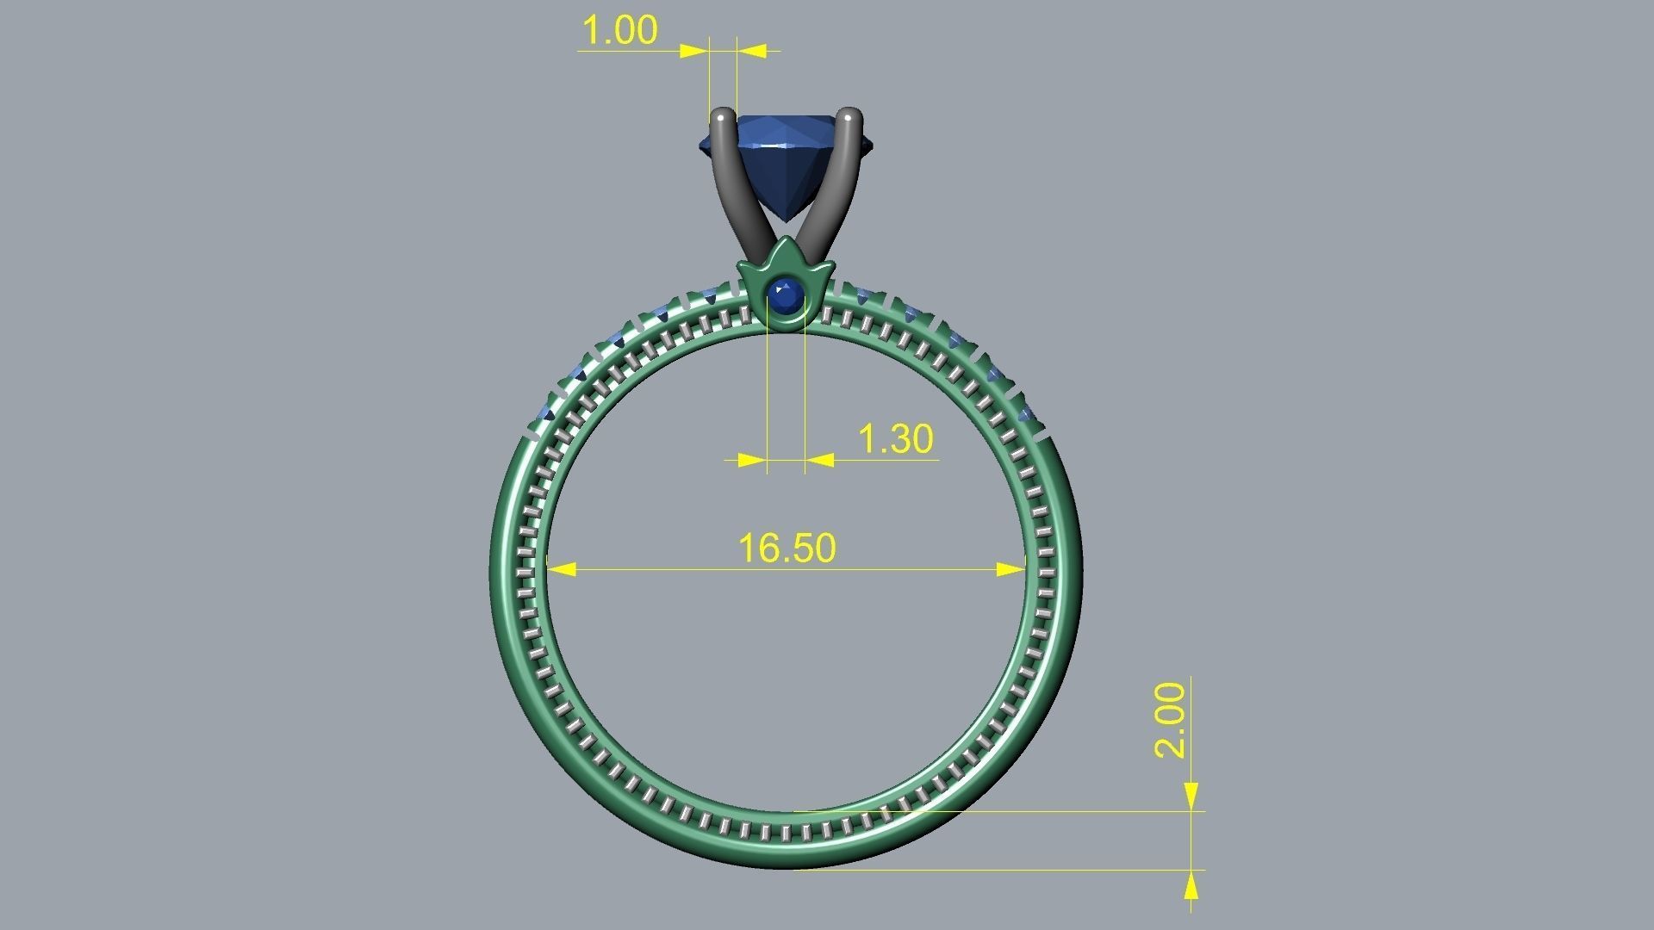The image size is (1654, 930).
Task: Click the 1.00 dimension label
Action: [620, 30]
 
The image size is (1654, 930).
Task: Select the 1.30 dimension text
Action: [896, 439]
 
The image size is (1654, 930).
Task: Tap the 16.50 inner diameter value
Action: [787, 549]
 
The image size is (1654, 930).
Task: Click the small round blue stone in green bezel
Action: [785, 296]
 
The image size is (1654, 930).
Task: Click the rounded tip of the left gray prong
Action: [722, 115]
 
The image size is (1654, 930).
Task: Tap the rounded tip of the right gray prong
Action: [850, 115]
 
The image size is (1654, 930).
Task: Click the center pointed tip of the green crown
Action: [785, 244]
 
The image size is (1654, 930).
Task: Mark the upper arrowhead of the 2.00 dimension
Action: [1191, 797]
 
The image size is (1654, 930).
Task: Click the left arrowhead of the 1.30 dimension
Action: [753, 460]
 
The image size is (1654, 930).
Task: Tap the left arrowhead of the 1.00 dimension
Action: [693, 51]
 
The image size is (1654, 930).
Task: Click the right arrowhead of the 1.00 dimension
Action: [752, 51]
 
